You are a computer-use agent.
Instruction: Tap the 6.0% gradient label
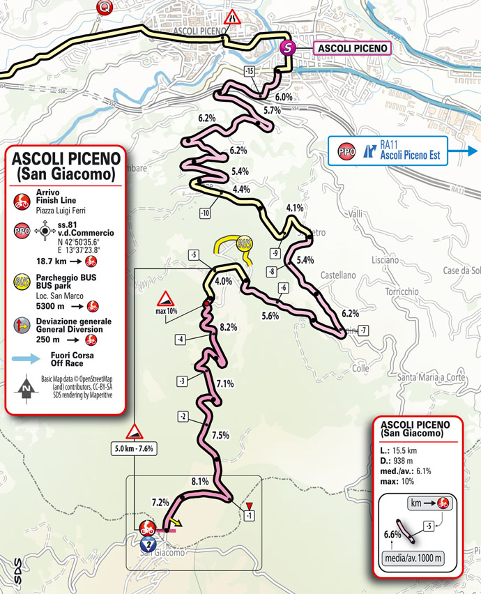[283, 97]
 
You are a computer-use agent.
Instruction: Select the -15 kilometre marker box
[250, 72]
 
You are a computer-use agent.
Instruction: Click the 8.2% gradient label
[228, 326]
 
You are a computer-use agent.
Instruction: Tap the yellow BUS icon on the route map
[244, 244]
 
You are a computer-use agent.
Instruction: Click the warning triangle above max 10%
[167, 300]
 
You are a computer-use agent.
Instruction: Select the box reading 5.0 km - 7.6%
[135, 448]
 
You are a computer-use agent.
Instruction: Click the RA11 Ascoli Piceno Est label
[409, 150]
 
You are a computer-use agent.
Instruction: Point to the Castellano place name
[338, 276]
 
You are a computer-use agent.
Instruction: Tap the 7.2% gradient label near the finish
[160, 502]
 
